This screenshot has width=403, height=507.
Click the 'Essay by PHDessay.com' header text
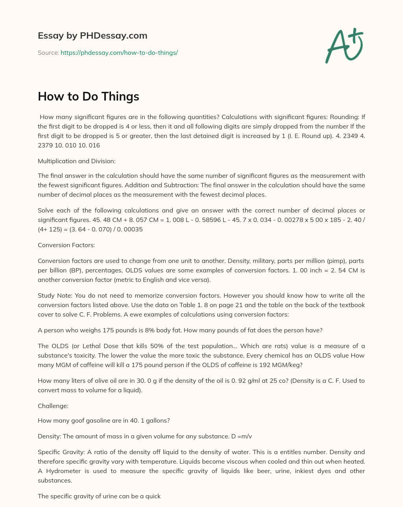click(x=92, y=36)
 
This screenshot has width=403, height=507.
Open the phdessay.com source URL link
click(x=119, y=52)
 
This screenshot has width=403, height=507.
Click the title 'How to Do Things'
click(x=89, y=97)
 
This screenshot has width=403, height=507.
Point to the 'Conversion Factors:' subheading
click(x=66, y=245)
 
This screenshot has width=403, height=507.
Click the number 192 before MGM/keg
click(x=264, y=365)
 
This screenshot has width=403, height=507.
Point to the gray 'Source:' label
click(x=48, y=52)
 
